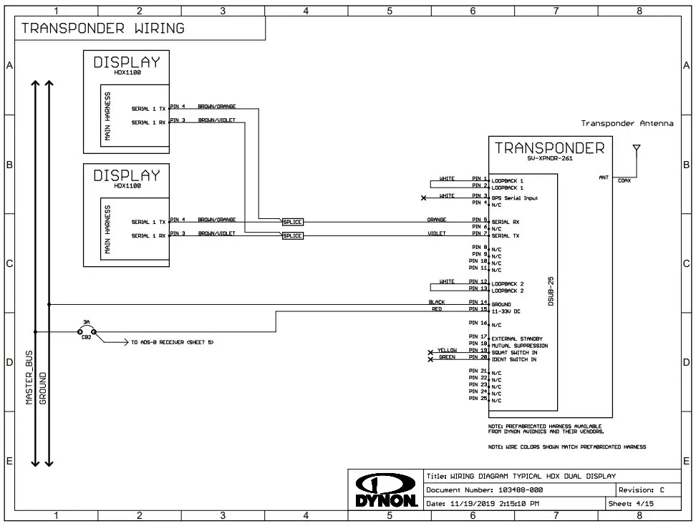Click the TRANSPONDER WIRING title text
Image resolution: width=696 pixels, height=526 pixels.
click(x=102, y=29)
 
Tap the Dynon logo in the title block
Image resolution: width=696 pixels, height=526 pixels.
click(x=387, y=491)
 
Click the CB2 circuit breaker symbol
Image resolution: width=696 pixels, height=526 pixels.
click(x=86, y=331)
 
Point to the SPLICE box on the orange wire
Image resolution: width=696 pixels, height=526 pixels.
click(x=293, y=222)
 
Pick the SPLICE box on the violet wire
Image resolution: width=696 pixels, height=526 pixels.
click(x=293, y=235)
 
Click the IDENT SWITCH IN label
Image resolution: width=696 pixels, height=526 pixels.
click(x=514, y=359)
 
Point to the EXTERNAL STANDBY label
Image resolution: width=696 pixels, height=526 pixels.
click(x=517, y=339)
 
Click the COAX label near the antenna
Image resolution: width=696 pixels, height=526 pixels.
click(x=624, y=181)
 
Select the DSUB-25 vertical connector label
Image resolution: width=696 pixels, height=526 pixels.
click(x=551, y=292)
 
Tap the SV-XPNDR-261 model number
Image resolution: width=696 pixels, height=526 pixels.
click(x=551, y=159)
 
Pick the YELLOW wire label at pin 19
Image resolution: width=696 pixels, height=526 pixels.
click(x=448, y=351)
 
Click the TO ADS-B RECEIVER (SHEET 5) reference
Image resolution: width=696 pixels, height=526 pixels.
click(x=172, y=343)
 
